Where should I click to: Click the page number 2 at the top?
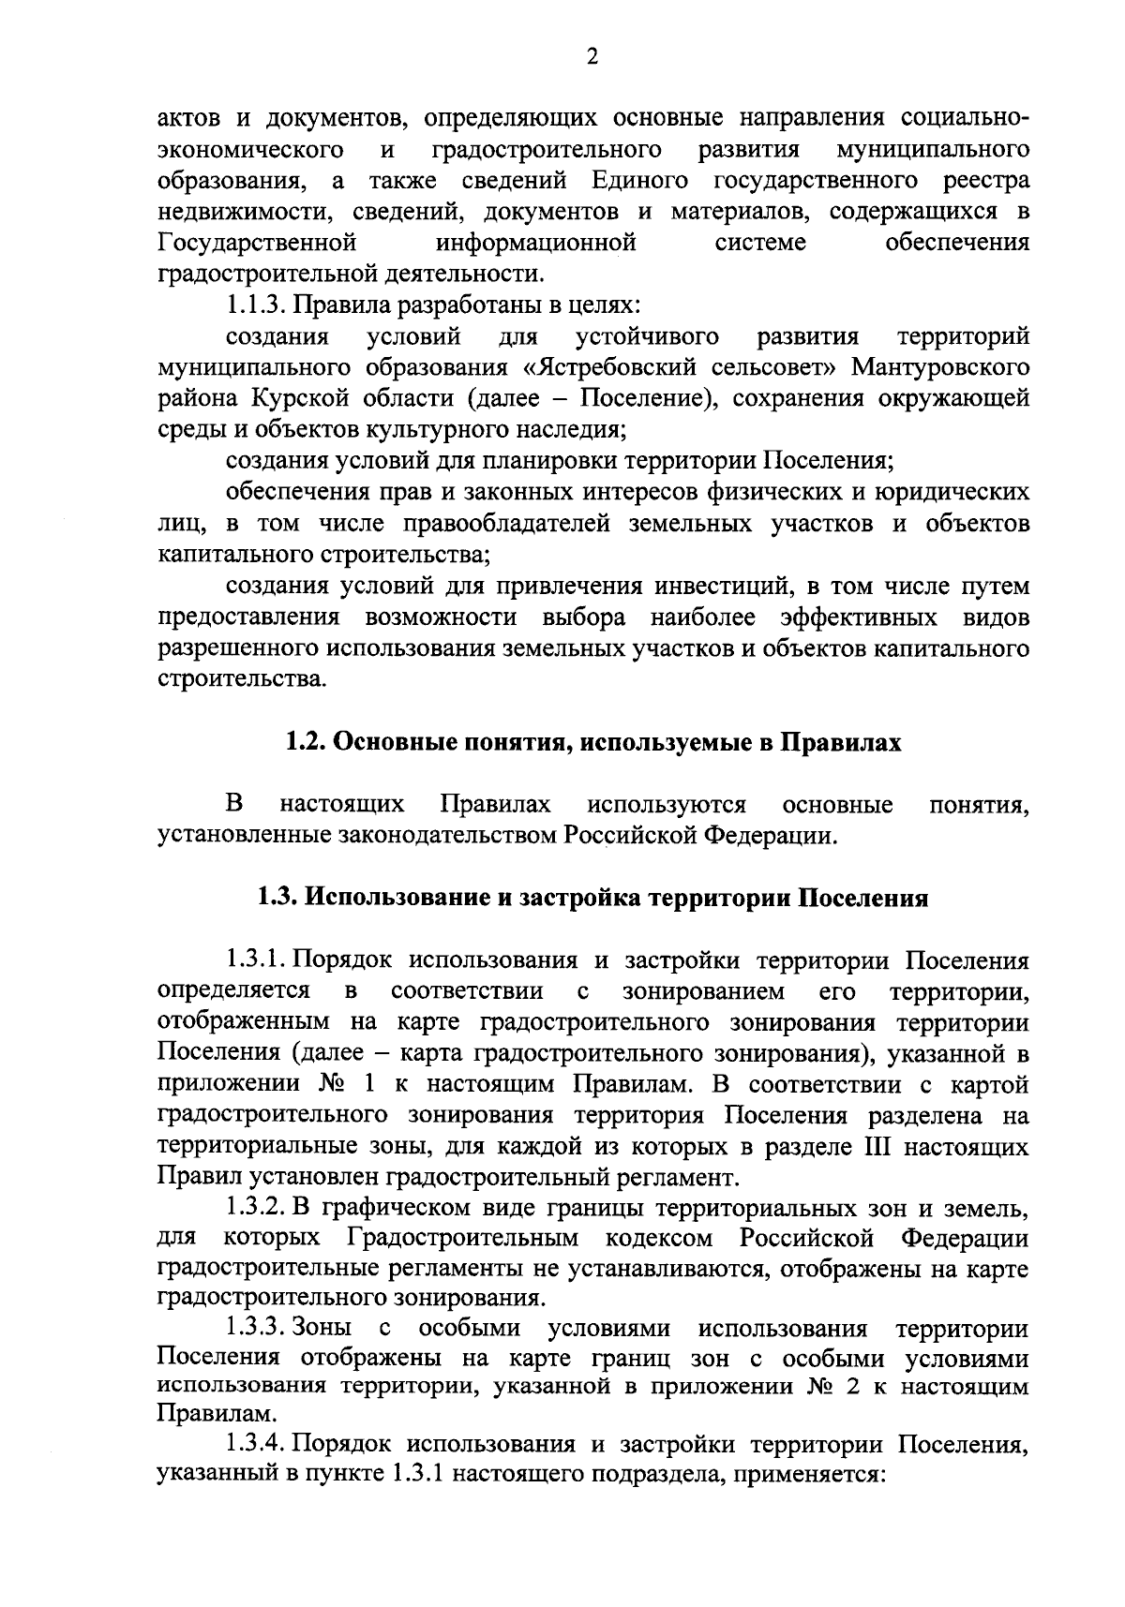[592, 58]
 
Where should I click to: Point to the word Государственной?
[257, 243]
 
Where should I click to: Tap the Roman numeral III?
[862, 1148]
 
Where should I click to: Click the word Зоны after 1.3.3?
[322, 1330]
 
